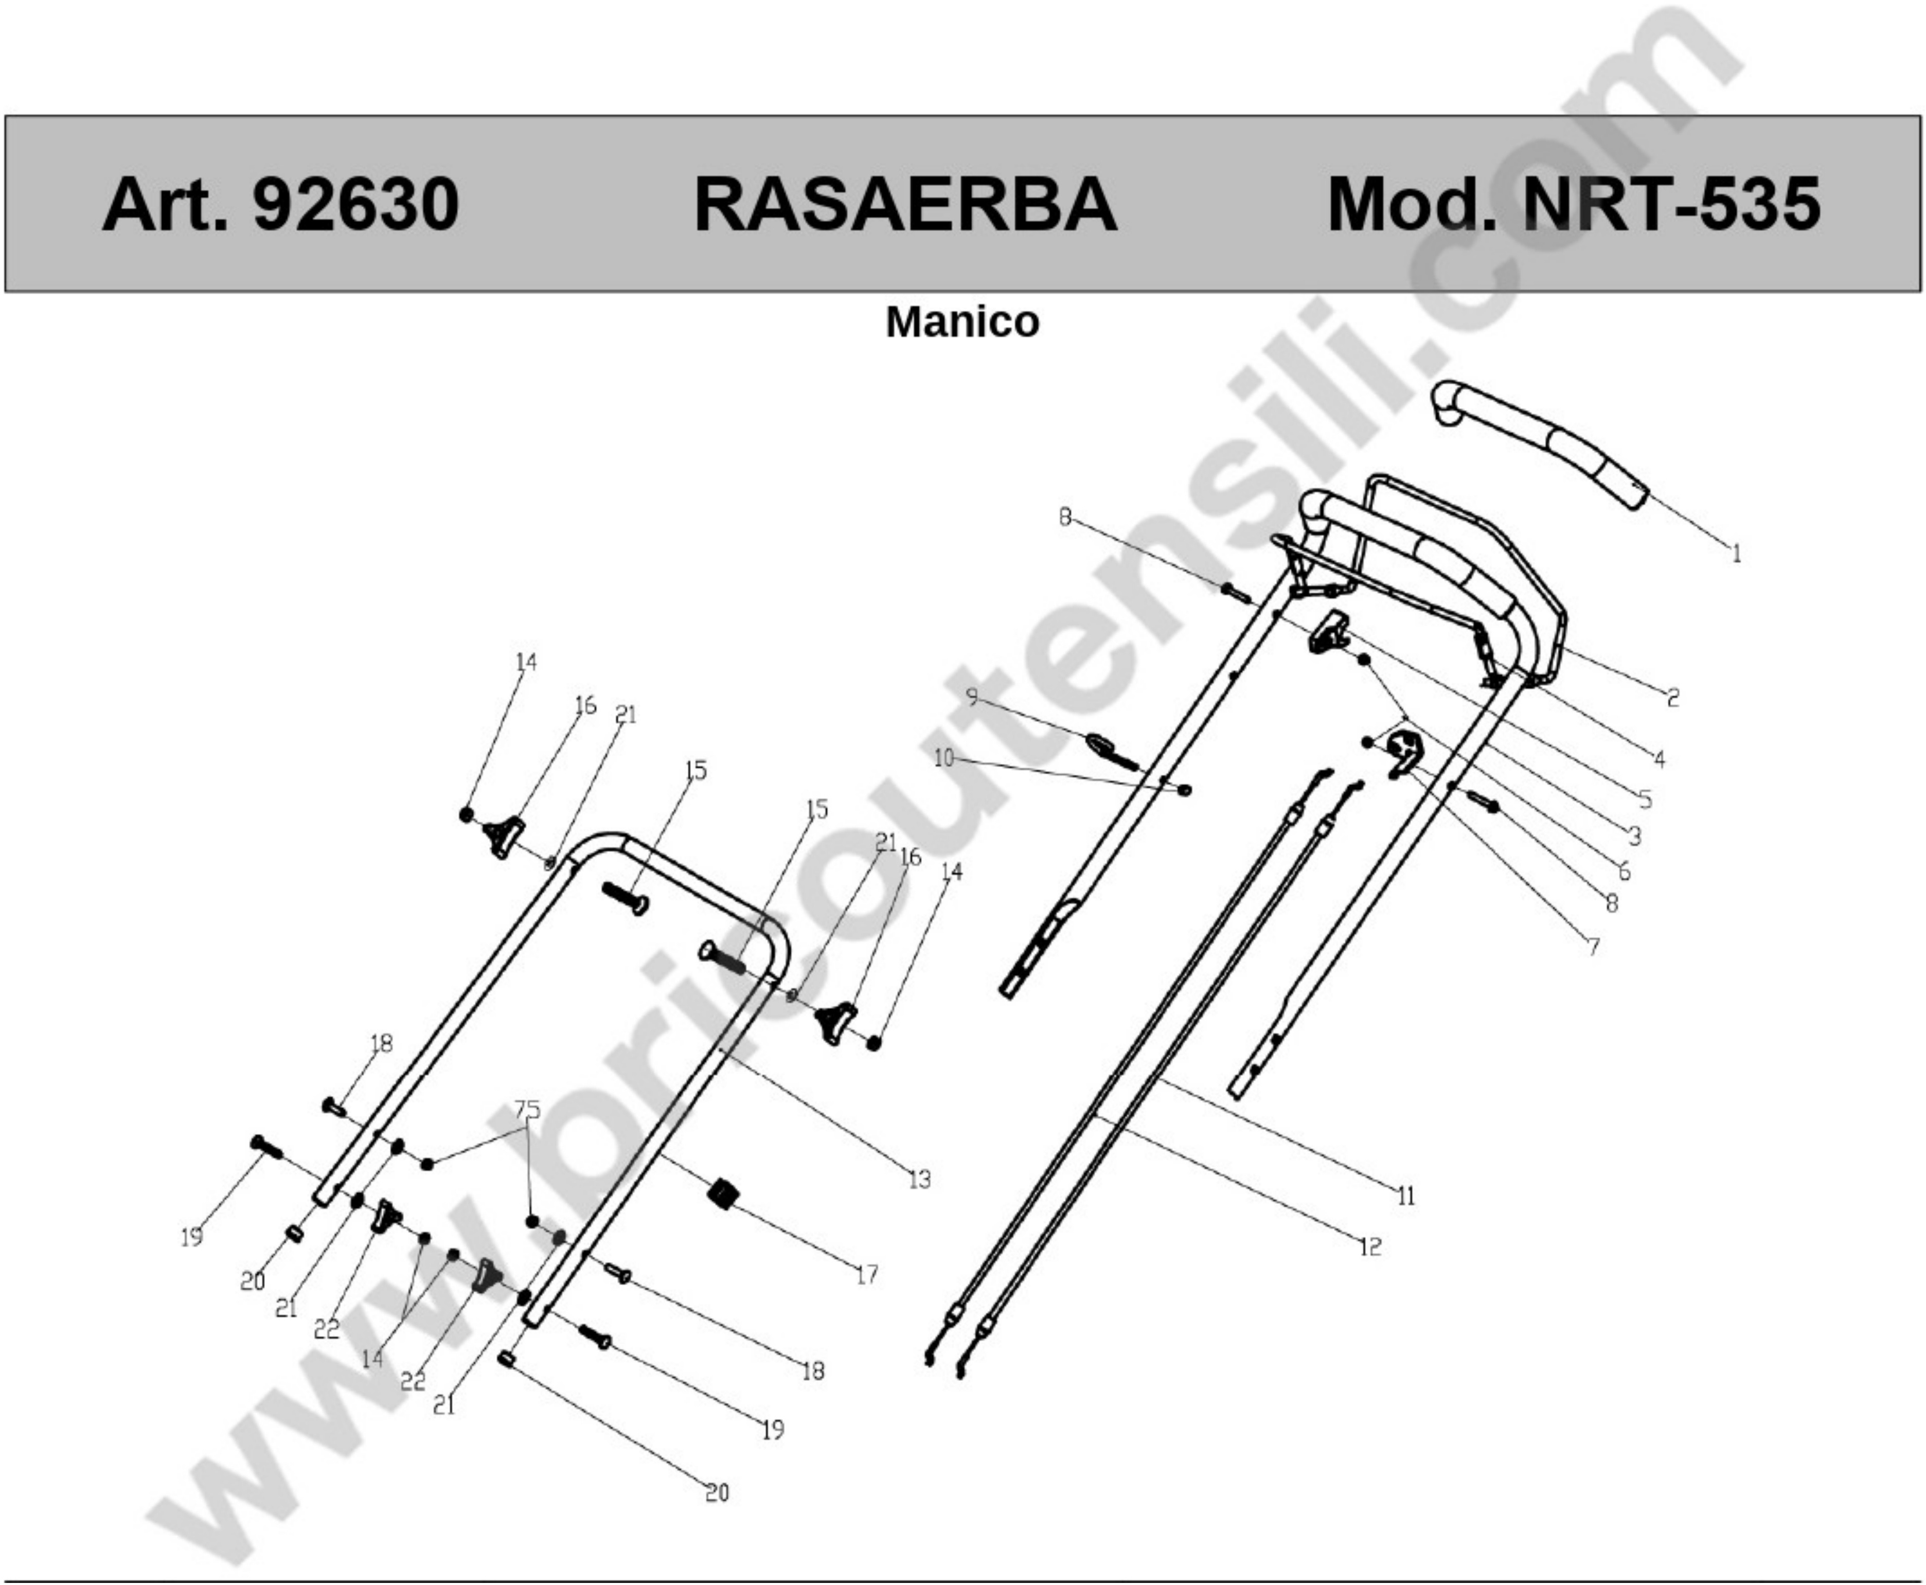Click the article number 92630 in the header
[356, 205]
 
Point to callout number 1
[1736, 554]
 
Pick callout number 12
[1370, 1246]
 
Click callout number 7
[1593, 947]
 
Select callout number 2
[1672, 699]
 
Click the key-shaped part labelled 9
[1109, 751]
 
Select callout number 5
[1645, 799]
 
